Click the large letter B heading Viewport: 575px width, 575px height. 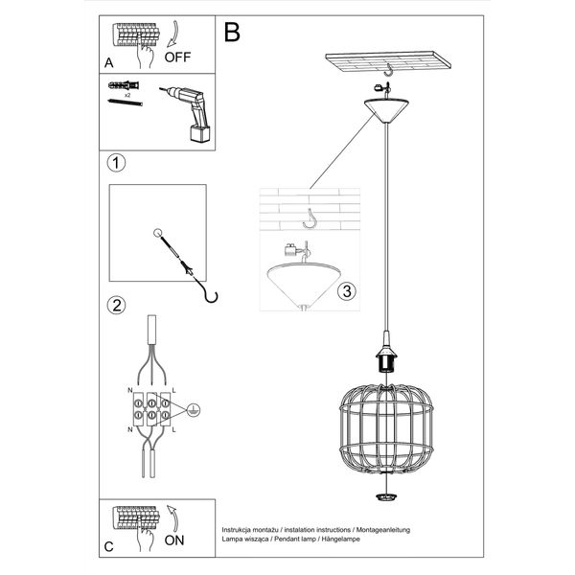pyautogui.click(x=232, y=34)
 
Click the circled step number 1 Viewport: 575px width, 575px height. pyautogui.click(x=116, y=164)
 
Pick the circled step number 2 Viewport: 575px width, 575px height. pyautogui.click(x=116, y=307)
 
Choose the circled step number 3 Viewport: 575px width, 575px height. pyautogui.click(x=348, y=290)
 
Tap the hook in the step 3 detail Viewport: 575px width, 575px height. pyautogui.click(x=310, y=221)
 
